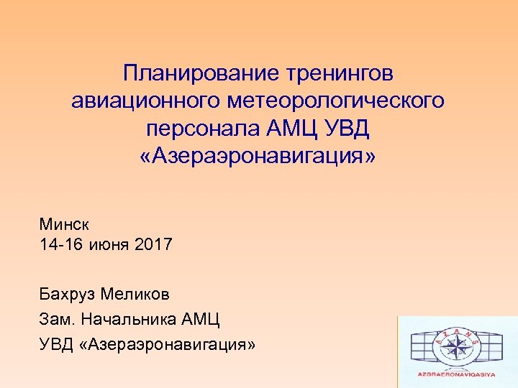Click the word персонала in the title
192,129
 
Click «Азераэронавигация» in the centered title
258,156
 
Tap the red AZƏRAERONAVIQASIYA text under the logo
458,374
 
